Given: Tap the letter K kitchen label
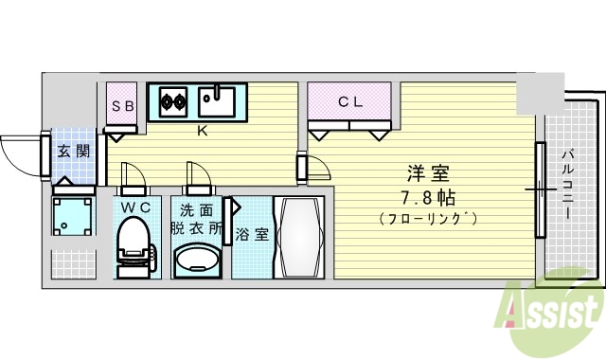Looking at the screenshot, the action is [202, 131].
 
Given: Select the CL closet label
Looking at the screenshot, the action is [349, 103].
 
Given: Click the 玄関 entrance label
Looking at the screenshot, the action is [73, 151].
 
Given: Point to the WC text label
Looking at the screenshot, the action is [134, 207].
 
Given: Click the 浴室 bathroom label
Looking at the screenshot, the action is [251, 233].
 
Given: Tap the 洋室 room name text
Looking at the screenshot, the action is [427, 174].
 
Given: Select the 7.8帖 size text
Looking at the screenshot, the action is [427, 197].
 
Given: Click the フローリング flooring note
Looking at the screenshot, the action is [427, 219].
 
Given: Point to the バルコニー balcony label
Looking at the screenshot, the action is [568, 185].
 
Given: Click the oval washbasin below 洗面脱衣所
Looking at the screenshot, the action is [197, 259].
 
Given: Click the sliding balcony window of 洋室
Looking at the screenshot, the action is [541, 189].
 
